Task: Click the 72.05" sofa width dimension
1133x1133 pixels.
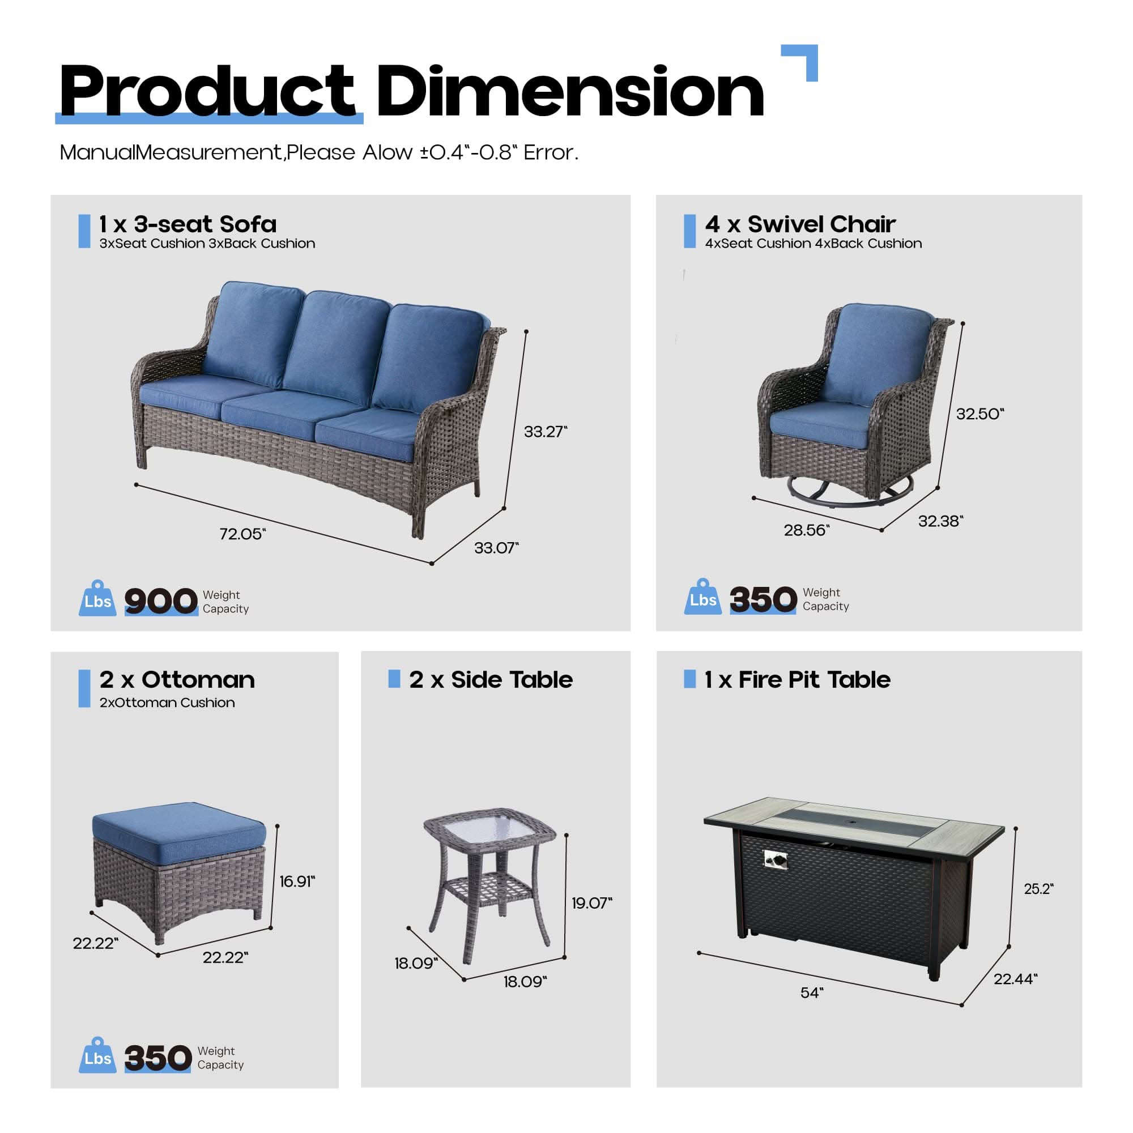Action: pyautogui.click(x=242, y=534)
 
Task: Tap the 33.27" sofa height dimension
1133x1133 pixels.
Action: pyautogui.click(x=546, y=432)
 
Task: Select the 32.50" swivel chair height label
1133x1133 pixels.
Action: pyautogui.click(x=979, y=414)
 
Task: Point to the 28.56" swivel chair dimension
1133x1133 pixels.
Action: pyautogui.click(x=806, y=530)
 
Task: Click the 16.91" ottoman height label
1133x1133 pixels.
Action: pyautogui.click(x=297, y=881)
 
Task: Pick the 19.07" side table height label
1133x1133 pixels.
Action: pyautogui.click(x=591, y=903)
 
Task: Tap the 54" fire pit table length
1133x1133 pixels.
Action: pyautogui.click(x=812, y=993)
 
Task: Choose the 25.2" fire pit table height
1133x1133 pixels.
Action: pyautogui.click(x=1038, y=889)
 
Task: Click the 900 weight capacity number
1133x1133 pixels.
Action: pyautogui.click(x=161, y=601)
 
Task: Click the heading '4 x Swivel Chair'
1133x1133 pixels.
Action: pyautogui.click(x=800, y=224)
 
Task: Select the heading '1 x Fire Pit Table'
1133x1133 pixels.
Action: pyautogui.click(x=797, y=680)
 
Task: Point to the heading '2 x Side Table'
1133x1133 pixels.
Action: pyautogui.click(x=490, y=680)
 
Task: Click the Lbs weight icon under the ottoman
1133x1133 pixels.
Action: pyautogui.click(x=97, y=1056)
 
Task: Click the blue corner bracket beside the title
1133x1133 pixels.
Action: pyautogui.click(x=803, y=59)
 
